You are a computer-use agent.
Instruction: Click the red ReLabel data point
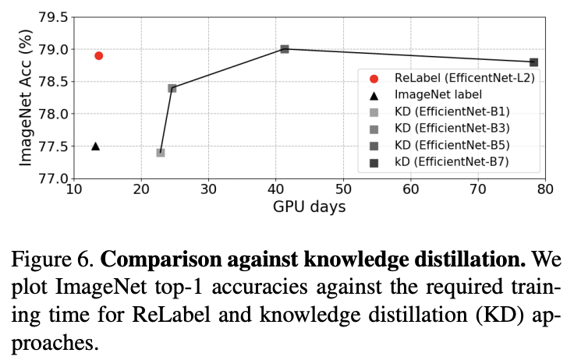point(99,55)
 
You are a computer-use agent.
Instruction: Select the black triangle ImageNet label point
point(95,146)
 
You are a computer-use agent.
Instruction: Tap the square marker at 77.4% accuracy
point(161,153)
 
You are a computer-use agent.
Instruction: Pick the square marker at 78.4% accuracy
point(172,88)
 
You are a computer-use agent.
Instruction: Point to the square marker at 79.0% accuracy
point(285,49)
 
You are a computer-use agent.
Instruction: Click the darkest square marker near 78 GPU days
point(533,62)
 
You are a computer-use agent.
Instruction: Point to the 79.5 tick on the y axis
point(52,17)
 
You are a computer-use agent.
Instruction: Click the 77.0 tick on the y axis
point(52,178)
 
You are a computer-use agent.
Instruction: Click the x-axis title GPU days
point(309,207)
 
